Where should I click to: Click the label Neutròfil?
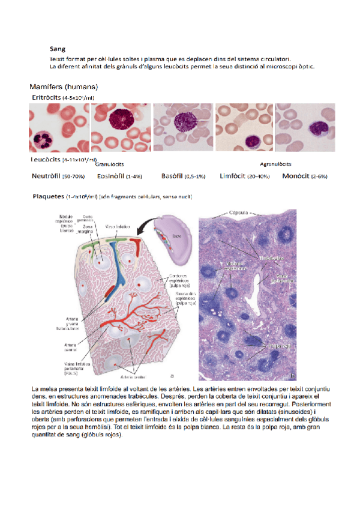coord(46,176)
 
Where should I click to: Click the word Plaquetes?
coord(48,196)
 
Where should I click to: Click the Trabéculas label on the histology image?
coord(269,256)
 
